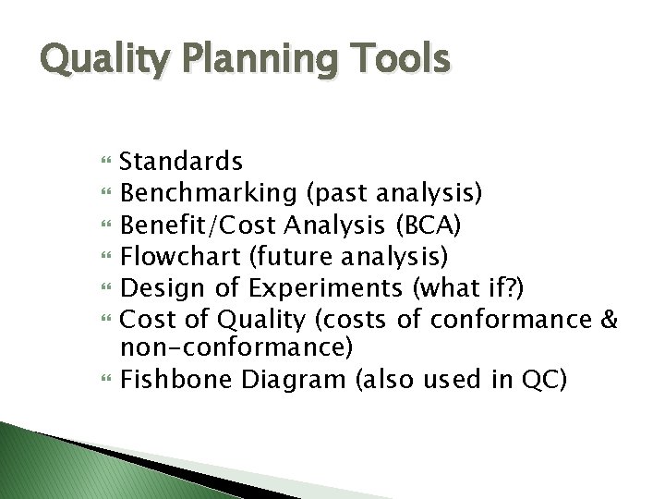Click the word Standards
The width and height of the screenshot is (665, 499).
[x=182, y=163]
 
